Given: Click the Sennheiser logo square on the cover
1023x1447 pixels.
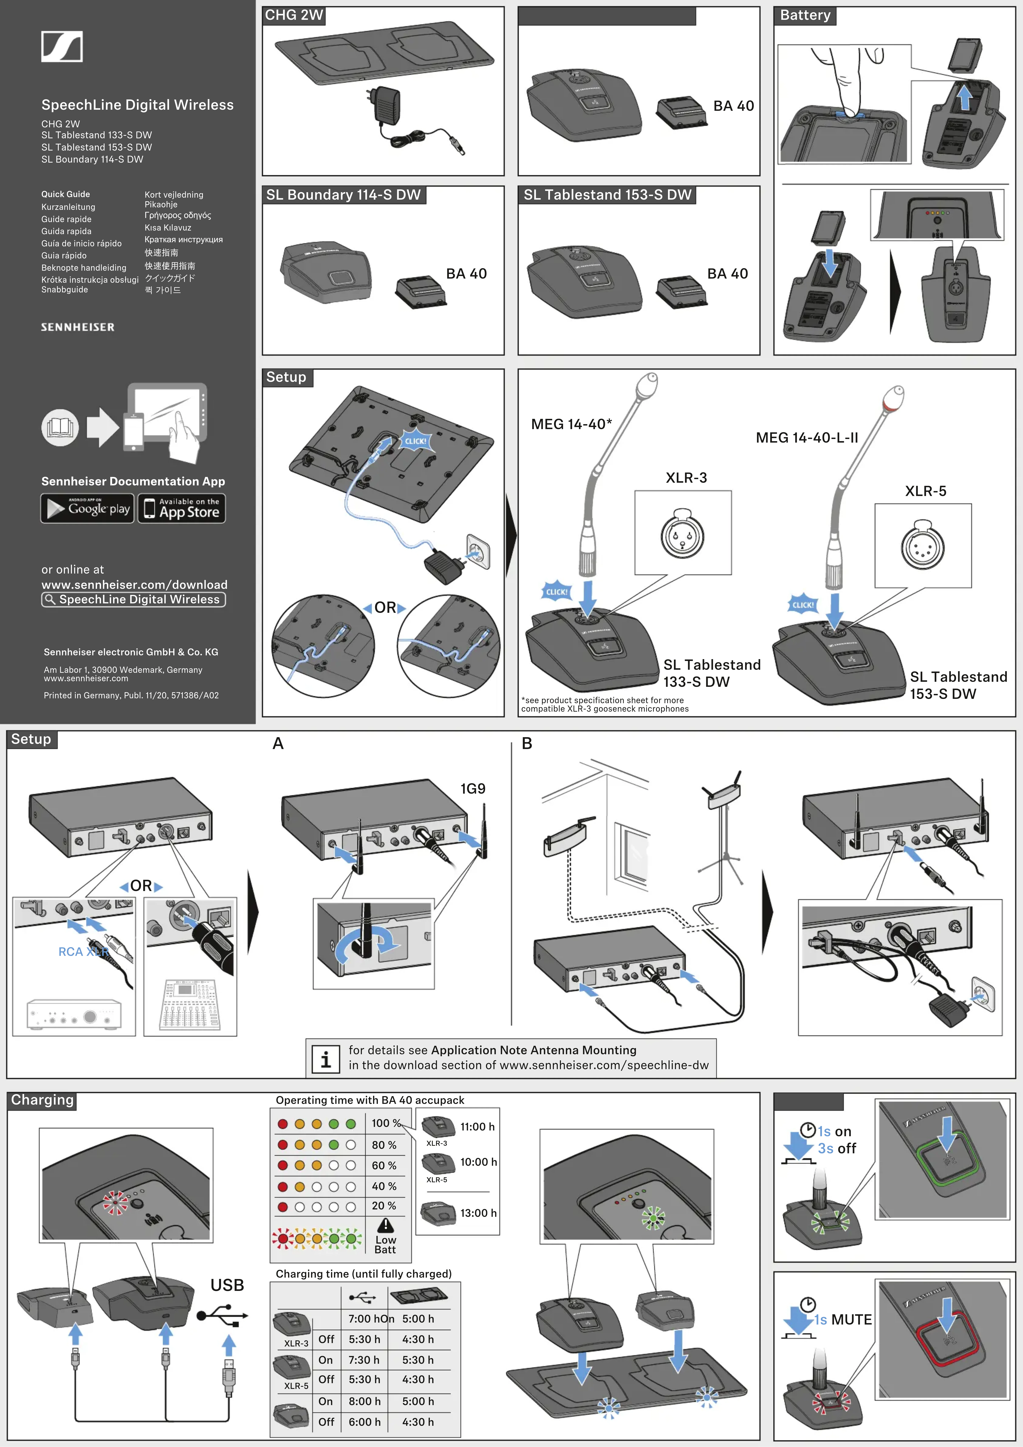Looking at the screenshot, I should [62, 47].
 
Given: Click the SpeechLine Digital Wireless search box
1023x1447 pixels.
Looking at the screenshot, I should [134, 599].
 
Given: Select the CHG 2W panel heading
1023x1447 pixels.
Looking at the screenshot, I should [294, 15].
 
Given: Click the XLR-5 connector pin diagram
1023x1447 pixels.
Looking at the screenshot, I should [923, 546].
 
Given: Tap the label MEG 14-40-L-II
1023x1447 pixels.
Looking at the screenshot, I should [807, 437].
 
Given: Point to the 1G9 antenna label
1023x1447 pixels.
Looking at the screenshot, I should [473, 788].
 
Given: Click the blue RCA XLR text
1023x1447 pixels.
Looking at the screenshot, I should [83, 952].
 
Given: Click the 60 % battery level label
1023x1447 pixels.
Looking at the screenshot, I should [384, 1165].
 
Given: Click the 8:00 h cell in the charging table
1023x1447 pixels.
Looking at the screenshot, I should [364, 1401].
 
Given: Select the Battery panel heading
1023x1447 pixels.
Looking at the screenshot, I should [805, 15].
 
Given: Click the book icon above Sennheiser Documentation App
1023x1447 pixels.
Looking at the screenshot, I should [60, 427].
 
